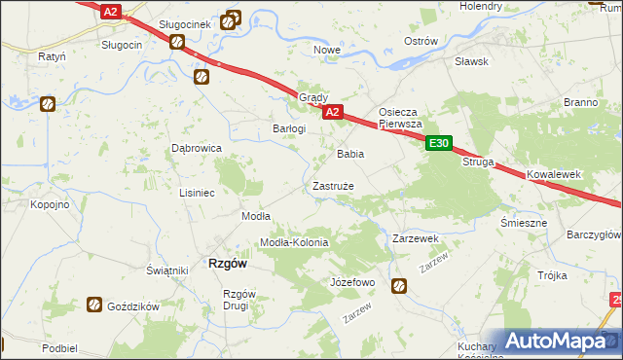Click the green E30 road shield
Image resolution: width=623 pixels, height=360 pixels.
click(439, 143)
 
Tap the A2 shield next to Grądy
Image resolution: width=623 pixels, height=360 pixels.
click(332, 113)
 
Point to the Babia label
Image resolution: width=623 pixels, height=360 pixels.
click(350, 154)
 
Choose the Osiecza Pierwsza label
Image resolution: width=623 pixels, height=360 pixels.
click(399, 118)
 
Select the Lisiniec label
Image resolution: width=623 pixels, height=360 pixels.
click(197, 193)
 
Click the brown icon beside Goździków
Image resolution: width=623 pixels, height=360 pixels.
click(94, 305)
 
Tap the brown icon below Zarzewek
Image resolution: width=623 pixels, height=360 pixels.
click(399, 285)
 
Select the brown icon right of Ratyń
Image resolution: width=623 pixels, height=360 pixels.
click(48, 103)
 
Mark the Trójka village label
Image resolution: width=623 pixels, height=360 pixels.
click(552, 275)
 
